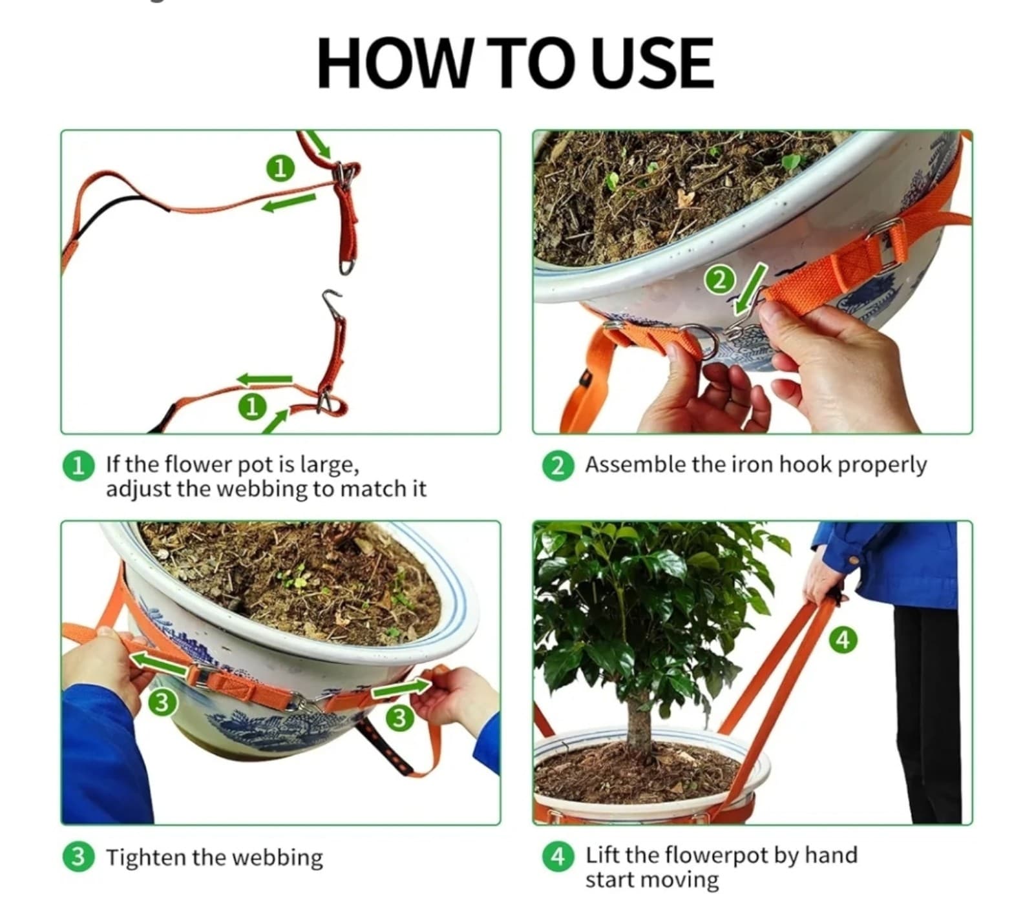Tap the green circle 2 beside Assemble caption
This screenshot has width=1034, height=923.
click(x=557, y=465)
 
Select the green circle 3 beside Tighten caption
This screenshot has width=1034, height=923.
click(x=78, y=857)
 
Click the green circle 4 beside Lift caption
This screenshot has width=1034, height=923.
click(x=557, y=856)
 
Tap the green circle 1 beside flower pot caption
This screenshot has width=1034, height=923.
click(x=78, y=465)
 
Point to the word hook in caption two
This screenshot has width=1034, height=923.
click(x=805, y=464)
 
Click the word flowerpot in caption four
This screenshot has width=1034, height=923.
click(x=717, y=855)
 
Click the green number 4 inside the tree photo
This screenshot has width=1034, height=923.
click(x=843, y=639)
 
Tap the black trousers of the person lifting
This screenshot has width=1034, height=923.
click(x=927, y=710)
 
